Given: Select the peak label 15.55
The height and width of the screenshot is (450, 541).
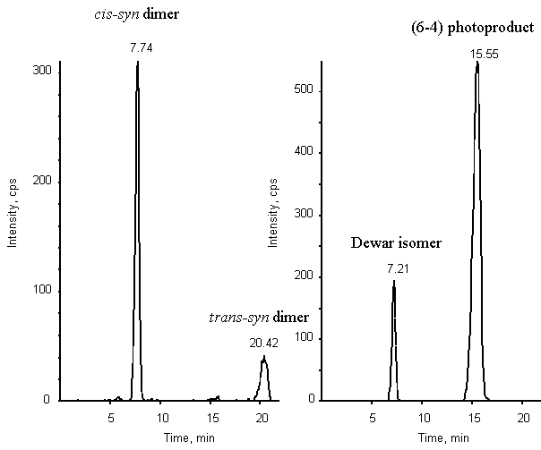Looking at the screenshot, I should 477,55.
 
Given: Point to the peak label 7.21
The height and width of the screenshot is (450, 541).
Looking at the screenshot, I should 395,267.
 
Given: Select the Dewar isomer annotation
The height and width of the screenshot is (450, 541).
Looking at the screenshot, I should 395,243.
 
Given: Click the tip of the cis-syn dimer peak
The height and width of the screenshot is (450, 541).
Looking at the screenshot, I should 137,63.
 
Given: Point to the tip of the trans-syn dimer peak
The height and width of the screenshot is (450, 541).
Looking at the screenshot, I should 263,357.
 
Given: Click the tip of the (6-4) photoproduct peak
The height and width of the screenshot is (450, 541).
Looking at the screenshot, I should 477,62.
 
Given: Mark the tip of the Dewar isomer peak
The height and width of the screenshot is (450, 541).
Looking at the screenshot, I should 394,281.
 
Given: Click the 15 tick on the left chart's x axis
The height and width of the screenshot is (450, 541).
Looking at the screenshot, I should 211,417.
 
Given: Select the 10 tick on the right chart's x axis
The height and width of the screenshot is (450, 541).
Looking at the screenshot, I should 422,417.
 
